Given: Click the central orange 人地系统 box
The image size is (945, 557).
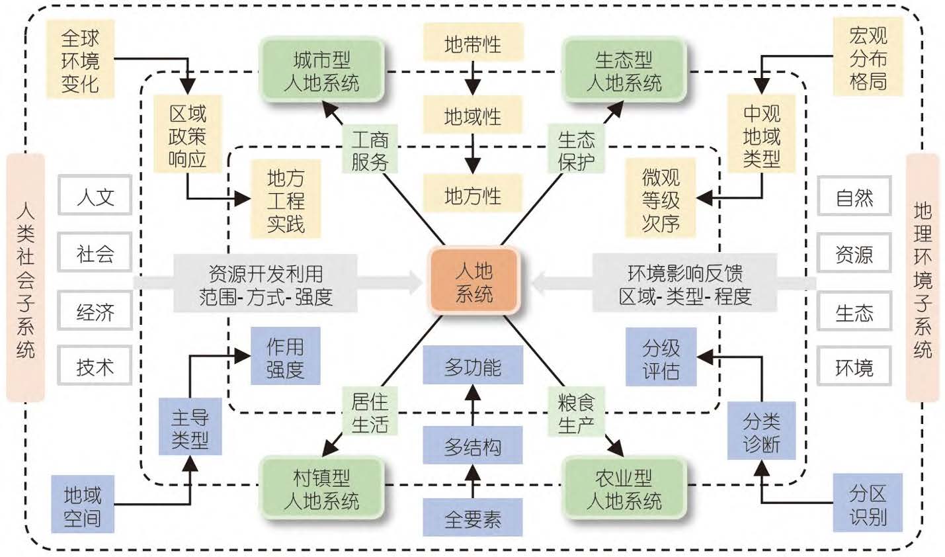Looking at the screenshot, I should pos(473,281).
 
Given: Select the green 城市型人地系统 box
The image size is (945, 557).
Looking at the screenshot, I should pos(321,71).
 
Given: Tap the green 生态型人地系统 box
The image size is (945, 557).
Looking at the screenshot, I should pos(624,71).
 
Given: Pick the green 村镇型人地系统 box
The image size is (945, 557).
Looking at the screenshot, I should pos(321,488).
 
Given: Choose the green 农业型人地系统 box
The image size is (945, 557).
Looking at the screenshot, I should pos(624,488).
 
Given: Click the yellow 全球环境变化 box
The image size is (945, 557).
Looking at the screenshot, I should pos(80,60).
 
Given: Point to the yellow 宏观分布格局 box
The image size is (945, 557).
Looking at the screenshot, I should pos(868,58).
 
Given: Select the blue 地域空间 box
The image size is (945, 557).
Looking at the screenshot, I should pos(82,505).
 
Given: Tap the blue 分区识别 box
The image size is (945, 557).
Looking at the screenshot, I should pos(868,504).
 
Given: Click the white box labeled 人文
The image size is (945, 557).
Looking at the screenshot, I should pos(95,196).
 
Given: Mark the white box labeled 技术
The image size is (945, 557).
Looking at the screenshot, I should pos(95,366).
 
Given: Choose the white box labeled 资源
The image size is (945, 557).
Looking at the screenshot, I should pos(854,254).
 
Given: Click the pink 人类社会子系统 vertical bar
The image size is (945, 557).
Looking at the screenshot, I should pos(25,278).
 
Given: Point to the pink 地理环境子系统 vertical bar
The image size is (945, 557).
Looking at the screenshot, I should pos(922,278).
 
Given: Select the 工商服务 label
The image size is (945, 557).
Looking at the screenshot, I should pos(370,150).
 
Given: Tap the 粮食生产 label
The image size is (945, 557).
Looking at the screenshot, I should pos(576,413).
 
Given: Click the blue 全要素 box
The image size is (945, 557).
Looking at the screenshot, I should pos(472,519).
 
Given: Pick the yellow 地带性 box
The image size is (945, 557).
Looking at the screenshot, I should pos(472,44).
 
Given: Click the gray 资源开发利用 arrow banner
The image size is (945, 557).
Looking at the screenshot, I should pos(266,284).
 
